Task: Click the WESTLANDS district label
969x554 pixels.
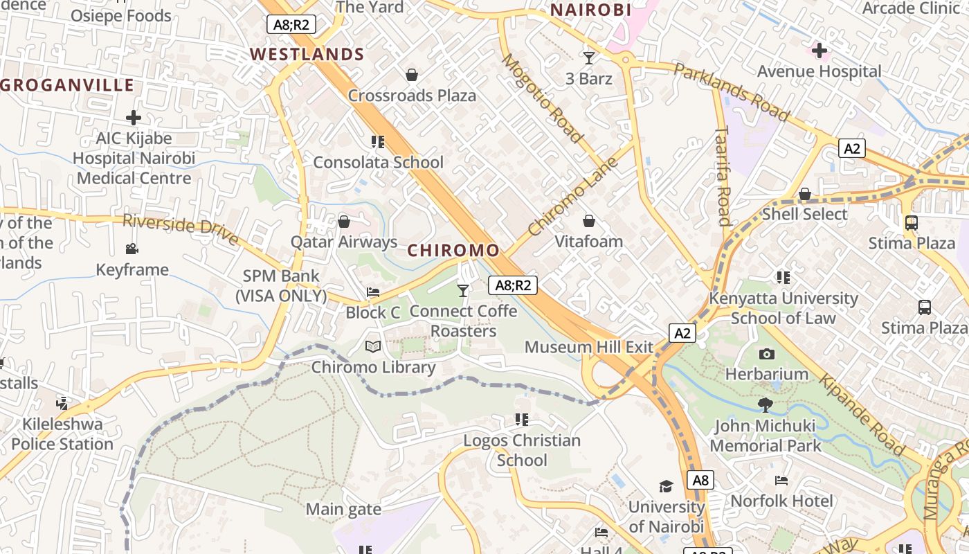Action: click(x=307, y=54)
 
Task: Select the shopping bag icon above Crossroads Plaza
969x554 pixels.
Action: click(x=412, y=75)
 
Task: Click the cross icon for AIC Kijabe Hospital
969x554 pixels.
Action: click(x=134, y=118)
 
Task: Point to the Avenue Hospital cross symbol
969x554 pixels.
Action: click(x=819, y=51)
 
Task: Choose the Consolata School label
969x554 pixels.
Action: click(x=378, y=162)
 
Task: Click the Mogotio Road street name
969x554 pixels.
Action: click(x=542, y=98)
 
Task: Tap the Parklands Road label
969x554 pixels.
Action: click(x=731, y=92)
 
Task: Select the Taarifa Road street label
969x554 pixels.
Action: click(x=723, y=176)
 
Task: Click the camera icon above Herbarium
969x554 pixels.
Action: click(x=766, y=354)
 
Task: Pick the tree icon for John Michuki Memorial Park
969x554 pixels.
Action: click(x=765, y=404)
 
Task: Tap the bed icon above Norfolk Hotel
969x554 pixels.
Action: click(x=781, y=480)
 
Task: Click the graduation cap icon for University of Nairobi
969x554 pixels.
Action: click(x=666, y=486)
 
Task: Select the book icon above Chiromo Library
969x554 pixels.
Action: click(x=373, y=346)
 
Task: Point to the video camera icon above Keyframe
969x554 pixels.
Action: click(x=132, y=249)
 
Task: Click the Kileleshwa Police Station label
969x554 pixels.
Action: click(x=62, y=434)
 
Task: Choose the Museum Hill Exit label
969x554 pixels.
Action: click(x=588, y=346)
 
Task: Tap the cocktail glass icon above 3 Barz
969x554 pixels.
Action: click(x=589, y=57)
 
